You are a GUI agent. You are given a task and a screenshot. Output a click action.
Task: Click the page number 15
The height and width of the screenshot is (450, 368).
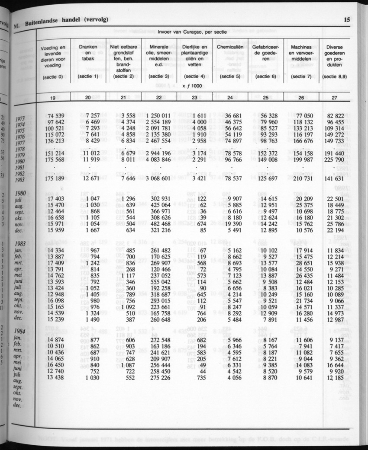coord(347,19)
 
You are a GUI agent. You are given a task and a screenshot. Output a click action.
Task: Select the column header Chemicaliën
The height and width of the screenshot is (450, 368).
coord(229,46)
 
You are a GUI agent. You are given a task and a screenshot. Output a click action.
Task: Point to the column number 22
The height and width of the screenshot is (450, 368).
coord(158,98)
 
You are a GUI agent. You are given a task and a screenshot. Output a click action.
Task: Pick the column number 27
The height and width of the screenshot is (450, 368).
coord(334,98)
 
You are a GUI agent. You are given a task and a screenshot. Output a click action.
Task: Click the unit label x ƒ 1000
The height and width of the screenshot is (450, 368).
coord(192,86)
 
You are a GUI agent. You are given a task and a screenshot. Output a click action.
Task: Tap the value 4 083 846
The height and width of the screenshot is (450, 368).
coord(159,159)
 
